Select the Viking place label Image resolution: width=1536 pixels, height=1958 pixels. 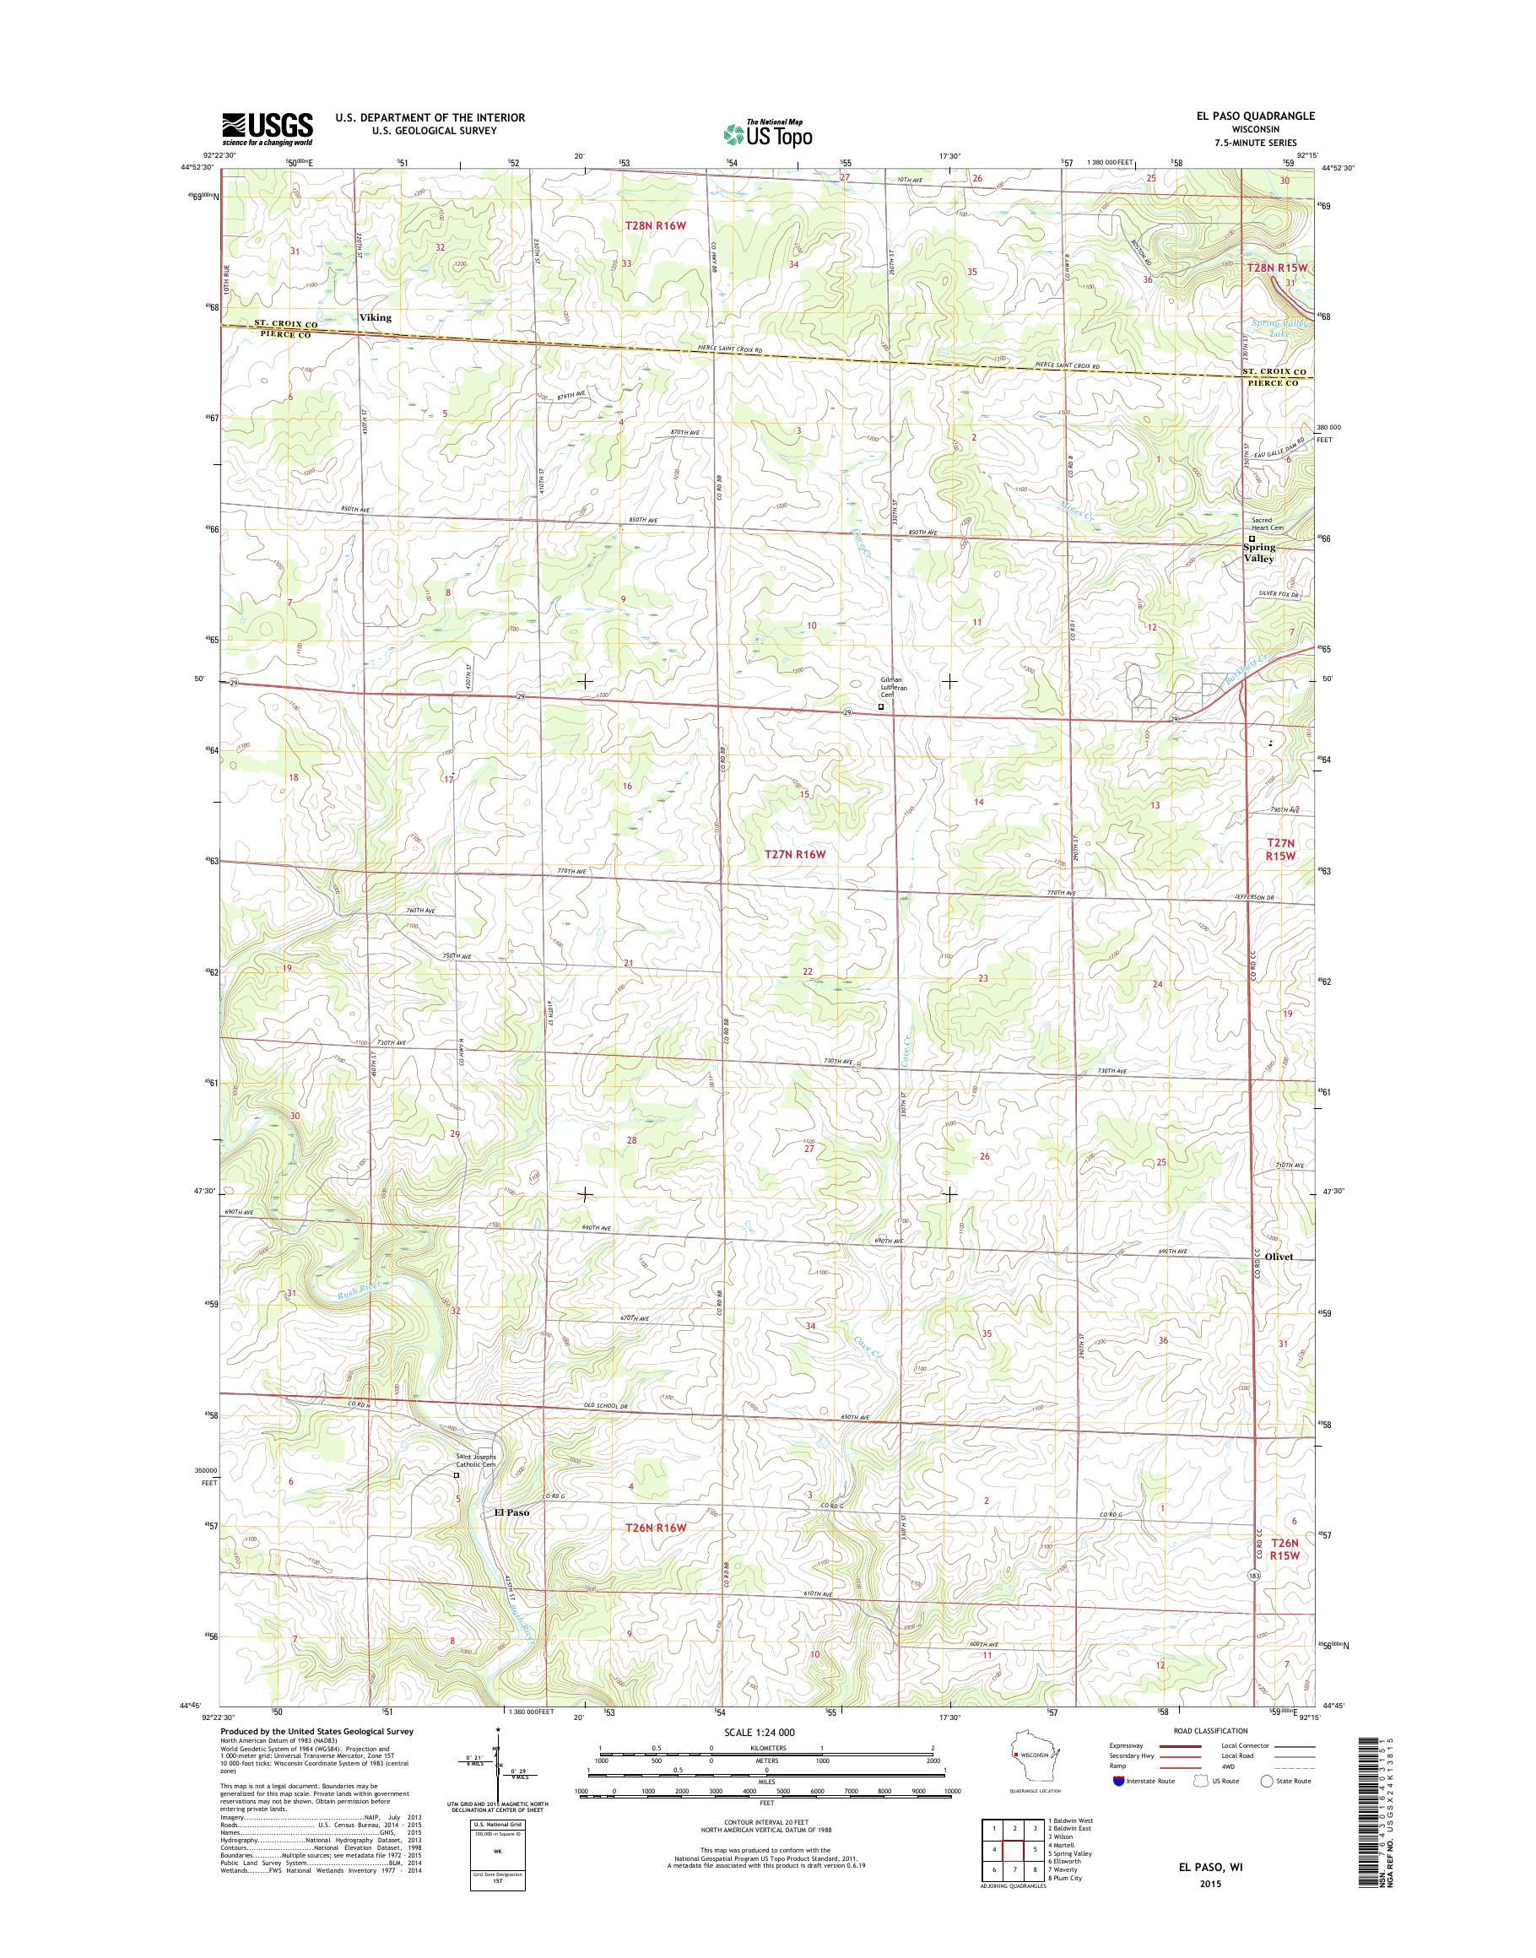coord(375,317)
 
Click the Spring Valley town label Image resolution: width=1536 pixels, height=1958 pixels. coord(1259,552)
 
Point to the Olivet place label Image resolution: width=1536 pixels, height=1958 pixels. coord(1278,1258)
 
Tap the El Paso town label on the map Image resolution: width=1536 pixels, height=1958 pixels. coord(506,1512)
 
